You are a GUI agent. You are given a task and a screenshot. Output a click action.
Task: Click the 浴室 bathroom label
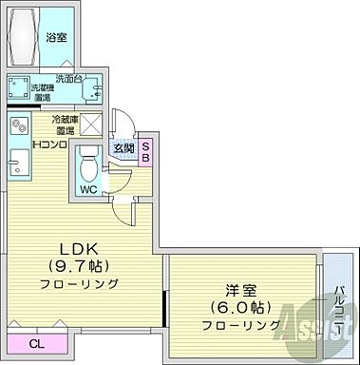(x=56, y=38)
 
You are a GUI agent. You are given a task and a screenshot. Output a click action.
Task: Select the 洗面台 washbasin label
(x=67, y=78)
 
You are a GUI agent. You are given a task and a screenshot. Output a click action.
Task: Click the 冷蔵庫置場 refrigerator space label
(x=64, y=125)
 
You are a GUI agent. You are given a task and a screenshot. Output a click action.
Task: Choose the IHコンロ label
(x=48, y=144)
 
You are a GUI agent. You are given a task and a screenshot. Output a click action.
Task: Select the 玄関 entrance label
(x=124, y=147)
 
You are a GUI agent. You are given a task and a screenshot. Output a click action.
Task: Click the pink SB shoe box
(x=146, y=152)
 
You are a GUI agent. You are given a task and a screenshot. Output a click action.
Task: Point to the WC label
(x=88, y=190)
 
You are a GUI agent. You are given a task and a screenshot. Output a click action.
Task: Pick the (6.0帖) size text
(x=242, y=308)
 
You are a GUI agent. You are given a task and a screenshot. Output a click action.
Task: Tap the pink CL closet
(x=35, y=343)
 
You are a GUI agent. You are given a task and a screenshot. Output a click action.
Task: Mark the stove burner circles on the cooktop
(x=18, y=126)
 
